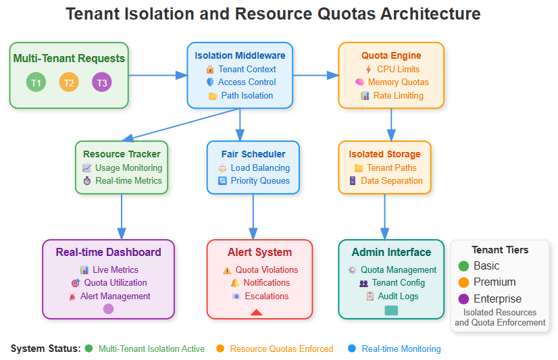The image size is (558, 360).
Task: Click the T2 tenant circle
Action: [69, 82]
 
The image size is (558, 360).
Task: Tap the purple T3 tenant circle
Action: [102, 82]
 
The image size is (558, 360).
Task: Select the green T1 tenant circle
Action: [36, 82]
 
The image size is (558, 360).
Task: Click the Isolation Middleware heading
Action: [240, 55]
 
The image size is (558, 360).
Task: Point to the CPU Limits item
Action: [398, 69]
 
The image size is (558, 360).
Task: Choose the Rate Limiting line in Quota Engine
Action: [398, 95]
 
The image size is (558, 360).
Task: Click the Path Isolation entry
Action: [247, 95]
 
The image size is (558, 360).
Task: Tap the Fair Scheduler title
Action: [253, 154]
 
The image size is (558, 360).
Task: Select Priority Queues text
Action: [260, 180]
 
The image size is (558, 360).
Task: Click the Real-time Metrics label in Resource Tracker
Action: [128, 180]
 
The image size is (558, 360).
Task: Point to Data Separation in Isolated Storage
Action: [391, 180]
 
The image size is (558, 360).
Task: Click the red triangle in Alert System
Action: [256, 311]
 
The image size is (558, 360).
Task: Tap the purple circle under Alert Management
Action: [108, 309]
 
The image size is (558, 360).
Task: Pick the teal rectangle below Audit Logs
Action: [391, 311]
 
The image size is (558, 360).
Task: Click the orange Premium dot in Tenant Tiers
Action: [463, 282]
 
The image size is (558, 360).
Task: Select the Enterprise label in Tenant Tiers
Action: [497, 299]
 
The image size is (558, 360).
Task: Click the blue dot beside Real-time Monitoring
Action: [351, 349]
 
